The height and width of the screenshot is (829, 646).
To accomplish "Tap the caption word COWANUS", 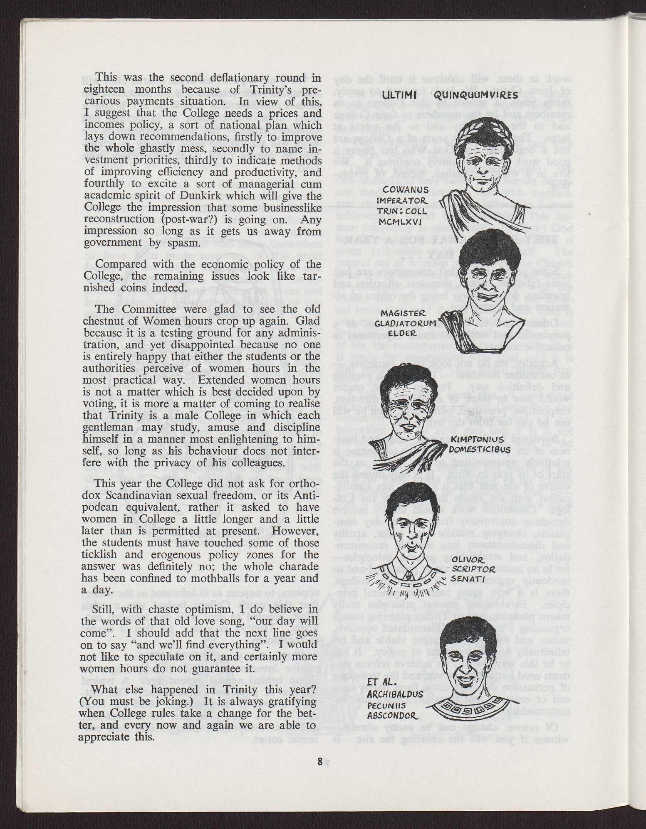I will (x=400, y=190).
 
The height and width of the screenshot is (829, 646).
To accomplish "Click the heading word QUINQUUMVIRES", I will (x=476, y=96).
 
